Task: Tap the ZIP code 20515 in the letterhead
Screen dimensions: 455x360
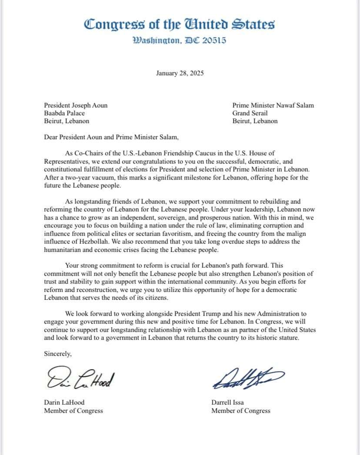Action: click(214, 41)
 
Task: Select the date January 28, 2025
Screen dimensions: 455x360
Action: click(180, 73)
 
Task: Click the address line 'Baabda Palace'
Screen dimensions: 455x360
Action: click(64, 113)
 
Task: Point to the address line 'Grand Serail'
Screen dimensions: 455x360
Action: click(250, 113)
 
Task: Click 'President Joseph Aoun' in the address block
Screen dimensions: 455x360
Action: click(76, 105)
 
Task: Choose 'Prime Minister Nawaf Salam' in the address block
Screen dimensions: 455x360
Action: click(273, 105)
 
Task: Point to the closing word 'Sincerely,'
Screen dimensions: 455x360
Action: click(58, 354)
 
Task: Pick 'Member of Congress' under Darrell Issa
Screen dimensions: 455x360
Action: click(241, 411)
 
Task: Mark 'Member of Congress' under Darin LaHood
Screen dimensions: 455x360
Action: click(73, 411)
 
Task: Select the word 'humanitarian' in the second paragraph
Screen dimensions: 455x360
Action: click(64, 250)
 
